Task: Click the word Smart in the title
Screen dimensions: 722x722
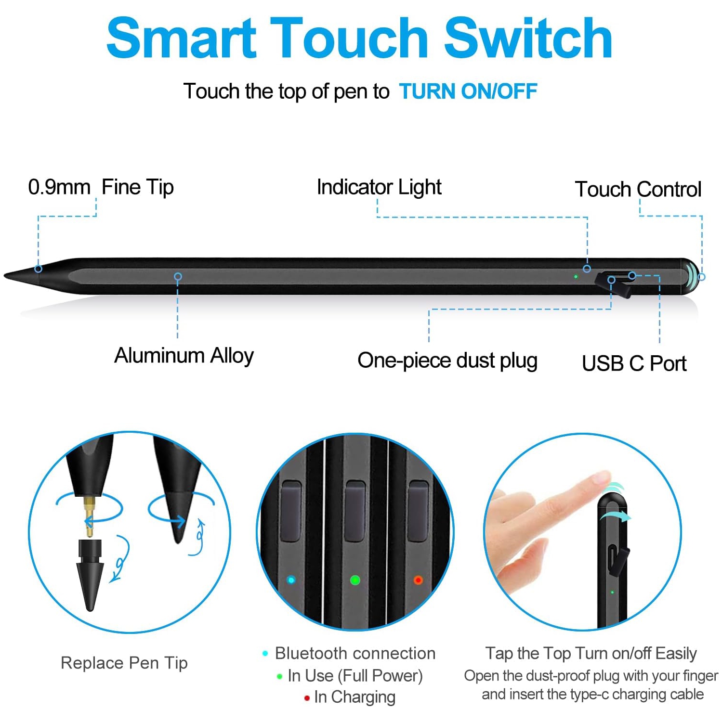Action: pos(181,39)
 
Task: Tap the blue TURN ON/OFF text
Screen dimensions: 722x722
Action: pos(468,91)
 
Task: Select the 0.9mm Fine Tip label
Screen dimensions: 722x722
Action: pos(101,187)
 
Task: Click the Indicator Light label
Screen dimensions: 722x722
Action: pos(379,187)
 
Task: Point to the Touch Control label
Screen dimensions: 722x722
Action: pos(638,189)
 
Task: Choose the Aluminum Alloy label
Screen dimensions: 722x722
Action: pos(184,356)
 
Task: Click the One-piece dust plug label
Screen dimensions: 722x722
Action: pos(447,361)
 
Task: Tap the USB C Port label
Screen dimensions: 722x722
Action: pos(634,363)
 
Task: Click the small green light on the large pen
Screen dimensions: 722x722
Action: pos(576,277)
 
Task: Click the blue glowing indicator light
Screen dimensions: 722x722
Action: pos(291,580)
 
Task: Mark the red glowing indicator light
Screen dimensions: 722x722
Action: pos(418,580)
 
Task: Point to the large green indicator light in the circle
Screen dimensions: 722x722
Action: pos(355,580)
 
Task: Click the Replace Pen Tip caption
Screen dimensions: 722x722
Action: pos(124,663)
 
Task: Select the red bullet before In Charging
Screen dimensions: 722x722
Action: pos(307,698)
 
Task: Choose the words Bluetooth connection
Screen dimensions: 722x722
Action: pos(355,653)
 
